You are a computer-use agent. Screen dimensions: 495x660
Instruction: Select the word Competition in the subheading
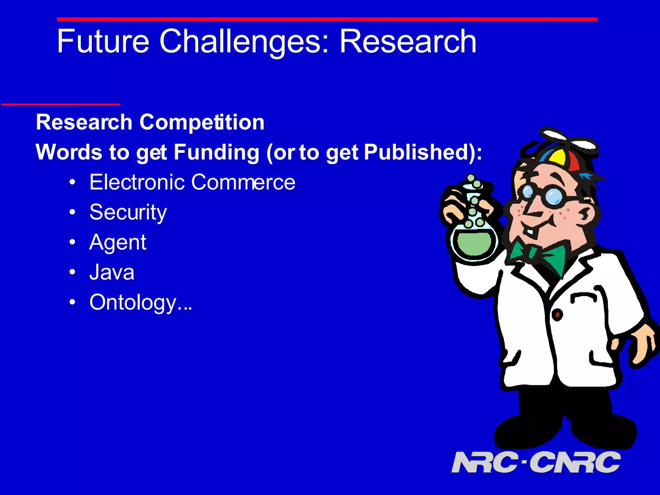click(x=202, y=122)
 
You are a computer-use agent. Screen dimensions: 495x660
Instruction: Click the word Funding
click(x=217, y=152)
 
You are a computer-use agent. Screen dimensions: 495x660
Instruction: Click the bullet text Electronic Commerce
click(x=192, y=182)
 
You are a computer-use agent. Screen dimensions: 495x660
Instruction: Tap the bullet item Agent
click(x=118, y=242)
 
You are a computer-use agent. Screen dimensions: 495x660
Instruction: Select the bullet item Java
click(x=112, y=272)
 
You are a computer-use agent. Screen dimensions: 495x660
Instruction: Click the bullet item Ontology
click(x=140, y=303)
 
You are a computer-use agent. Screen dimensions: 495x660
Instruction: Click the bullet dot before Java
click(x=73, y=272)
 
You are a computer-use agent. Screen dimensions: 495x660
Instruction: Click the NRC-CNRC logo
click(x=536, y=462)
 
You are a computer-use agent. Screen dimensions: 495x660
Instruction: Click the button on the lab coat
click(x=557, y=315)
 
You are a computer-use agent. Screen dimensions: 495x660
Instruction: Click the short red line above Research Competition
click(x=61, y=104)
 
